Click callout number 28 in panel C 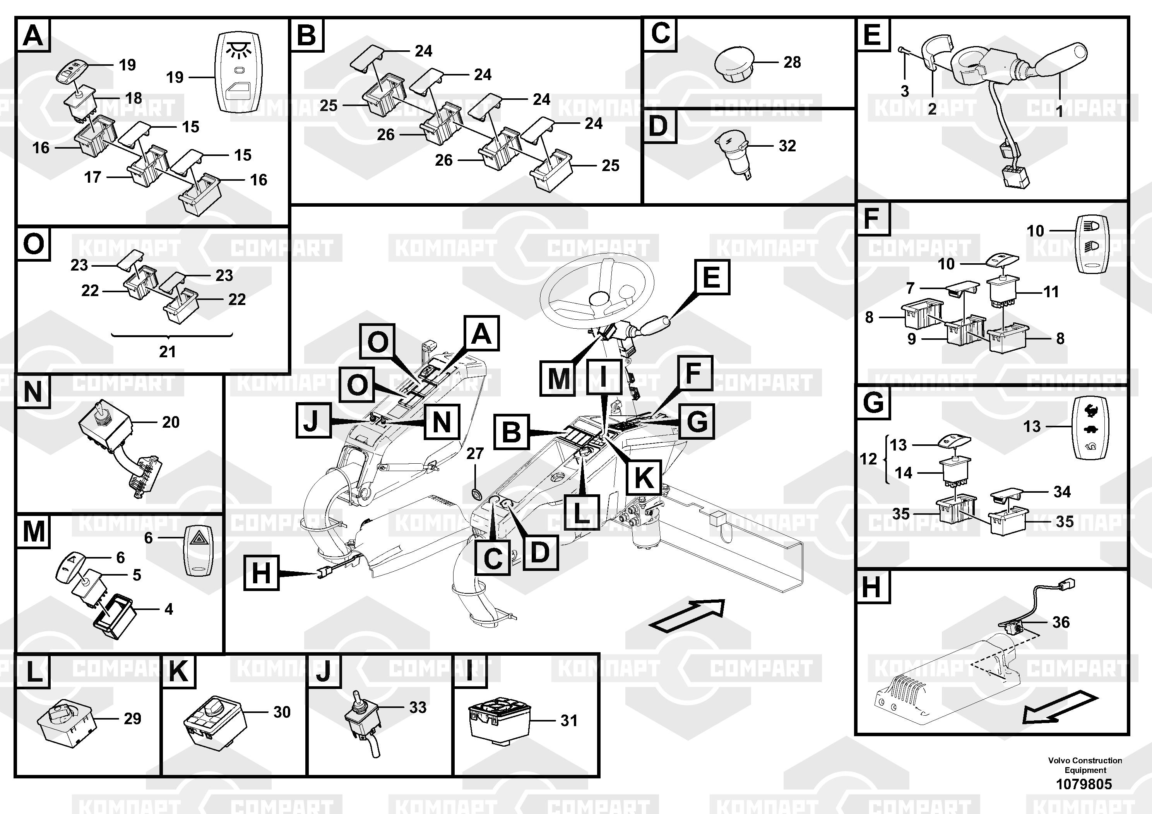pyautogui.click(x=792, y=63)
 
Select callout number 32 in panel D pyautogui.click(x=787, y=146)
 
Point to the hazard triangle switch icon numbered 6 pyautogui.click(x=200, y=551)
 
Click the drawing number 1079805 pyautogui.click(x=1084, y=784)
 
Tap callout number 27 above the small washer pyautogui.click(x=475, y=454)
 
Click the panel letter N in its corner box pyautogui.click(x=33, y=392)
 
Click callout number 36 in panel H pyautogui.click(x=1061, y=622)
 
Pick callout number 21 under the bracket pyautogui.click(x=168, y=352)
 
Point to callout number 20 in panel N pyautogui.click(x=171, y=422)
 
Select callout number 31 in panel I pyautogui.click(x=568, y=721)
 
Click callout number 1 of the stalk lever pyautogui.click(x=1059, y=111)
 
